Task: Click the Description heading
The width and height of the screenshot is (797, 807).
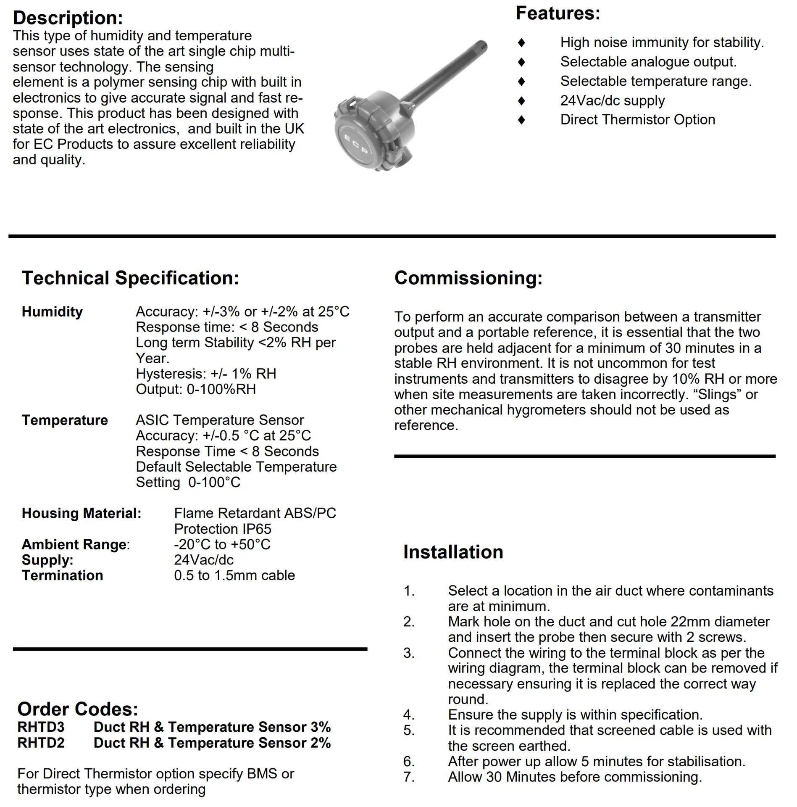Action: pos(68,18)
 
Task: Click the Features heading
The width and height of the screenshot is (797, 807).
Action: pos(558,13)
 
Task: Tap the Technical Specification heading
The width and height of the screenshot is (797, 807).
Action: pos(130,278)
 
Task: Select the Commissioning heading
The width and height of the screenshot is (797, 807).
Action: pos(468,278)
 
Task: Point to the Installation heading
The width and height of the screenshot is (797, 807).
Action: pos(453,552)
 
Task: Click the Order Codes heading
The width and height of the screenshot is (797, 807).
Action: pos(78,709)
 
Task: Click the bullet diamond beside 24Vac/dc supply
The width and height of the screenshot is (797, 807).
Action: pos(521,101)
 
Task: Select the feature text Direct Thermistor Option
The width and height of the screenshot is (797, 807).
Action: pos(637,120)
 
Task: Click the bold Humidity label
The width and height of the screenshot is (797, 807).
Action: pos(52,312)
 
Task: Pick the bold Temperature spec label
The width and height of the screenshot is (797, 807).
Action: pos(65,420)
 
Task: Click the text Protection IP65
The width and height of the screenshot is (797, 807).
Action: pos(223,529)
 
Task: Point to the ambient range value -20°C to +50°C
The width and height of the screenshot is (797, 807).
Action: pos(222,544)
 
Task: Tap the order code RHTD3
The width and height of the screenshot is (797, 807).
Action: pos(41,727)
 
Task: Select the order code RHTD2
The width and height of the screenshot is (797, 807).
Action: pos(41,743)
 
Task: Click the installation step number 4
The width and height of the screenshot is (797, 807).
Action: pos(408,715)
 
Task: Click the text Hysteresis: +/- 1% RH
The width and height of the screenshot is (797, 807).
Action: pos(206,374)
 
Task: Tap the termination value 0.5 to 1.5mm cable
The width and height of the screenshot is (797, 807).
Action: pos(234,575)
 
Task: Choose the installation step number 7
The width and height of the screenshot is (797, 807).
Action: pos(408,777)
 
